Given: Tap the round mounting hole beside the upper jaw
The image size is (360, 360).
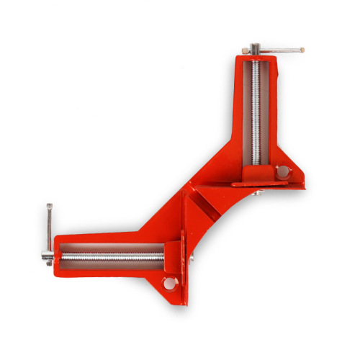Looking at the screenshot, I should (283, 171).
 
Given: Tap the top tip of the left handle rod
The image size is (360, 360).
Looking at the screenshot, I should (48, 206).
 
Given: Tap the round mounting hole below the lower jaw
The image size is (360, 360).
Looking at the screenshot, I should (169, 283).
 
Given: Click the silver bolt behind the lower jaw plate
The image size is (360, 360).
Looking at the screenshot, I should (192, 256).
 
